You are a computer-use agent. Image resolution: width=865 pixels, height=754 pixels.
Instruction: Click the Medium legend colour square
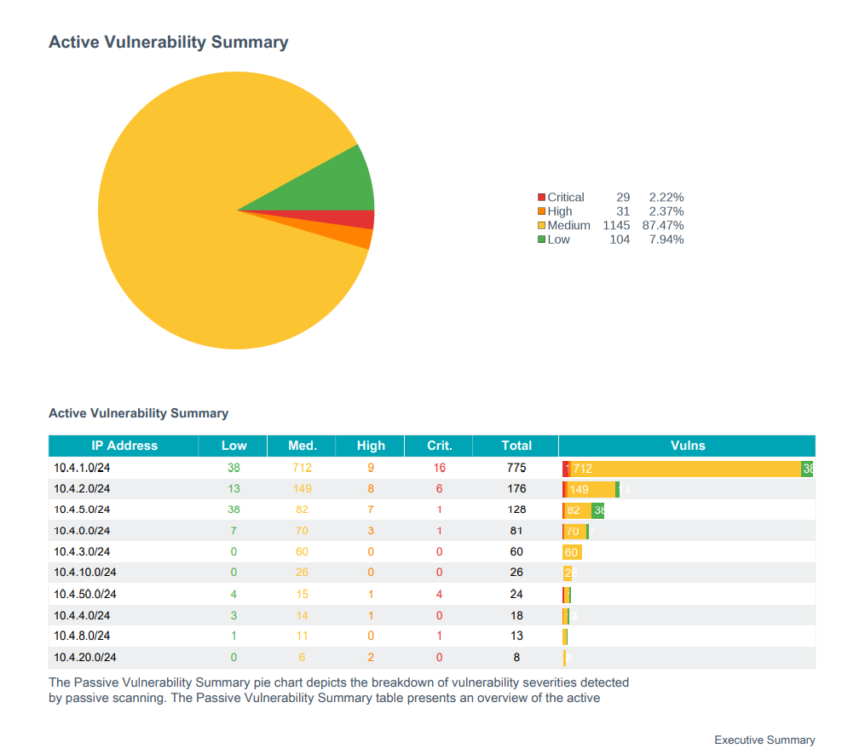[x=542, y=226]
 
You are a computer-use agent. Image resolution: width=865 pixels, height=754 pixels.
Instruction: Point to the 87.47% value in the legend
[x=666, y=226]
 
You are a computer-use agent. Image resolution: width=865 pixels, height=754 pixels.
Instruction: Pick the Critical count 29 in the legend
[x=623, y=198]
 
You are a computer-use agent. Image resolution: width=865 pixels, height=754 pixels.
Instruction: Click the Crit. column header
[x=439, y=446]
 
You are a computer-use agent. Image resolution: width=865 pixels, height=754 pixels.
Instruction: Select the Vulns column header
[x=687, y=446]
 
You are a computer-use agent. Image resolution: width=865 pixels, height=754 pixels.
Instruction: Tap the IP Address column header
[x=124, y=446]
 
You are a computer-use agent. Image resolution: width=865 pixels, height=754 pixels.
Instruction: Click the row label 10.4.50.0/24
[x=85, y=594]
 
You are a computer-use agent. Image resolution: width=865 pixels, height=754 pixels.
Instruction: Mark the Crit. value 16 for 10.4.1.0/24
[x=439, y=468]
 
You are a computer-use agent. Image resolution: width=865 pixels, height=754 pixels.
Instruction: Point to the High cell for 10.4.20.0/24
[x=371, y=657]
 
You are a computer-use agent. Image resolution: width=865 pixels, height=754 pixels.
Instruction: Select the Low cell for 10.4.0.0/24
[x=234, y=531]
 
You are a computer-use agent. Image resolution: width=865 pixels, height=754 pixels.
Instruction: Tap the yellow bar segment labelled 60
[x=572, y=552]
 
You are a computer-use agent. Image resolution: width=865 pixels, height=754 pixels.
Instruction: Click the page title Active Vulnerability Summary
[x=168, y=42]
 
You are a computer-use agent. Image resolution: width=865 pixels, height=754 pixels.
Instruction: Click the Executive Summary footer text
[x=764, y=740]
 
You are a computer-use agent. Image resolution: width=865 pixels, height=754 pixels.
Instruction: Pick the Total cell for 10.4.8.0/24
[x=516, y=636]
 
